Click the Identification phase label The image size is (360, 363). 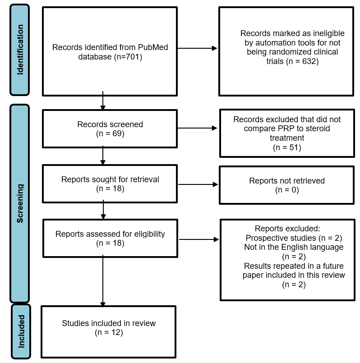(20, 50)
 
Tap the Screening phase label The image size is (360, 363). (20, 203)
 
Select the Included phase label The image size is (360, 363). (21, 331)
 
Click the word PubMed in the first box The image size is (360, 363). (153, 47)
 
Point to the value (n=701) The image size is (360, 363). (128, 57)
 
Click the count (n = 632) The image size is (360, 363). (302, 61)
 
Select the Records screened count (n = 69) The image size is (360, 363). (110, 133)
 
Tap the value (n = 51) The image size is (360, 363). (287, 147)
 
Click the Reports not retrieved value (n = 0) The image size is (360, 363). (287, 190)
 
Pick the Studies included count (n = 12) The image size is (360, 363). (109, 332)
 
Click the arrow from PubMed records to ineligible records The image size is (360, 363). (197, 48)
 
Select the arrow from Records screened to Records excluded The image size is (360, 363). (197, 128)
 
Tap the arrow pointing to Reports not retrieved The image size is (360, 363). (198, 184)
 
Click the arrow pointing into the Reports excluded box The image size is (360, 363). (199, 239)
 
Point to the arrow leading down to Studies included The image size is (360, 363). (103, 281)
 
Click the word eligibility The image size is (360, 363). (150, 234)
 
